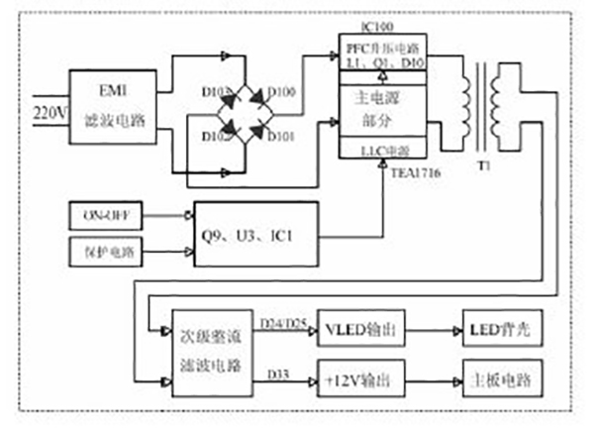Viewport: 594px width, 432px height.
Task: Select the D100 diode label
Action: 282,92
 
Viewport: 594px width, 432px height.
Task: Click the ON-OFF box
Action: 104,213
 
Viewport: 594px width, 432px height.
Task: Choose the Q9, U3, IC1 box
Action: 256,234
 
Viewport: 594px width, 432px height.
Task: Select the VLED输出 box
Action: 361,330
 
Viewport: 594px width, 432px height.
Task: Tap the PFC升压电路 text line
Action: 382,48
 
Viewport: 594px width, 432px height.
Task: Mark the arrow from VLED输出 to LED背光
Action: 433,330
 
